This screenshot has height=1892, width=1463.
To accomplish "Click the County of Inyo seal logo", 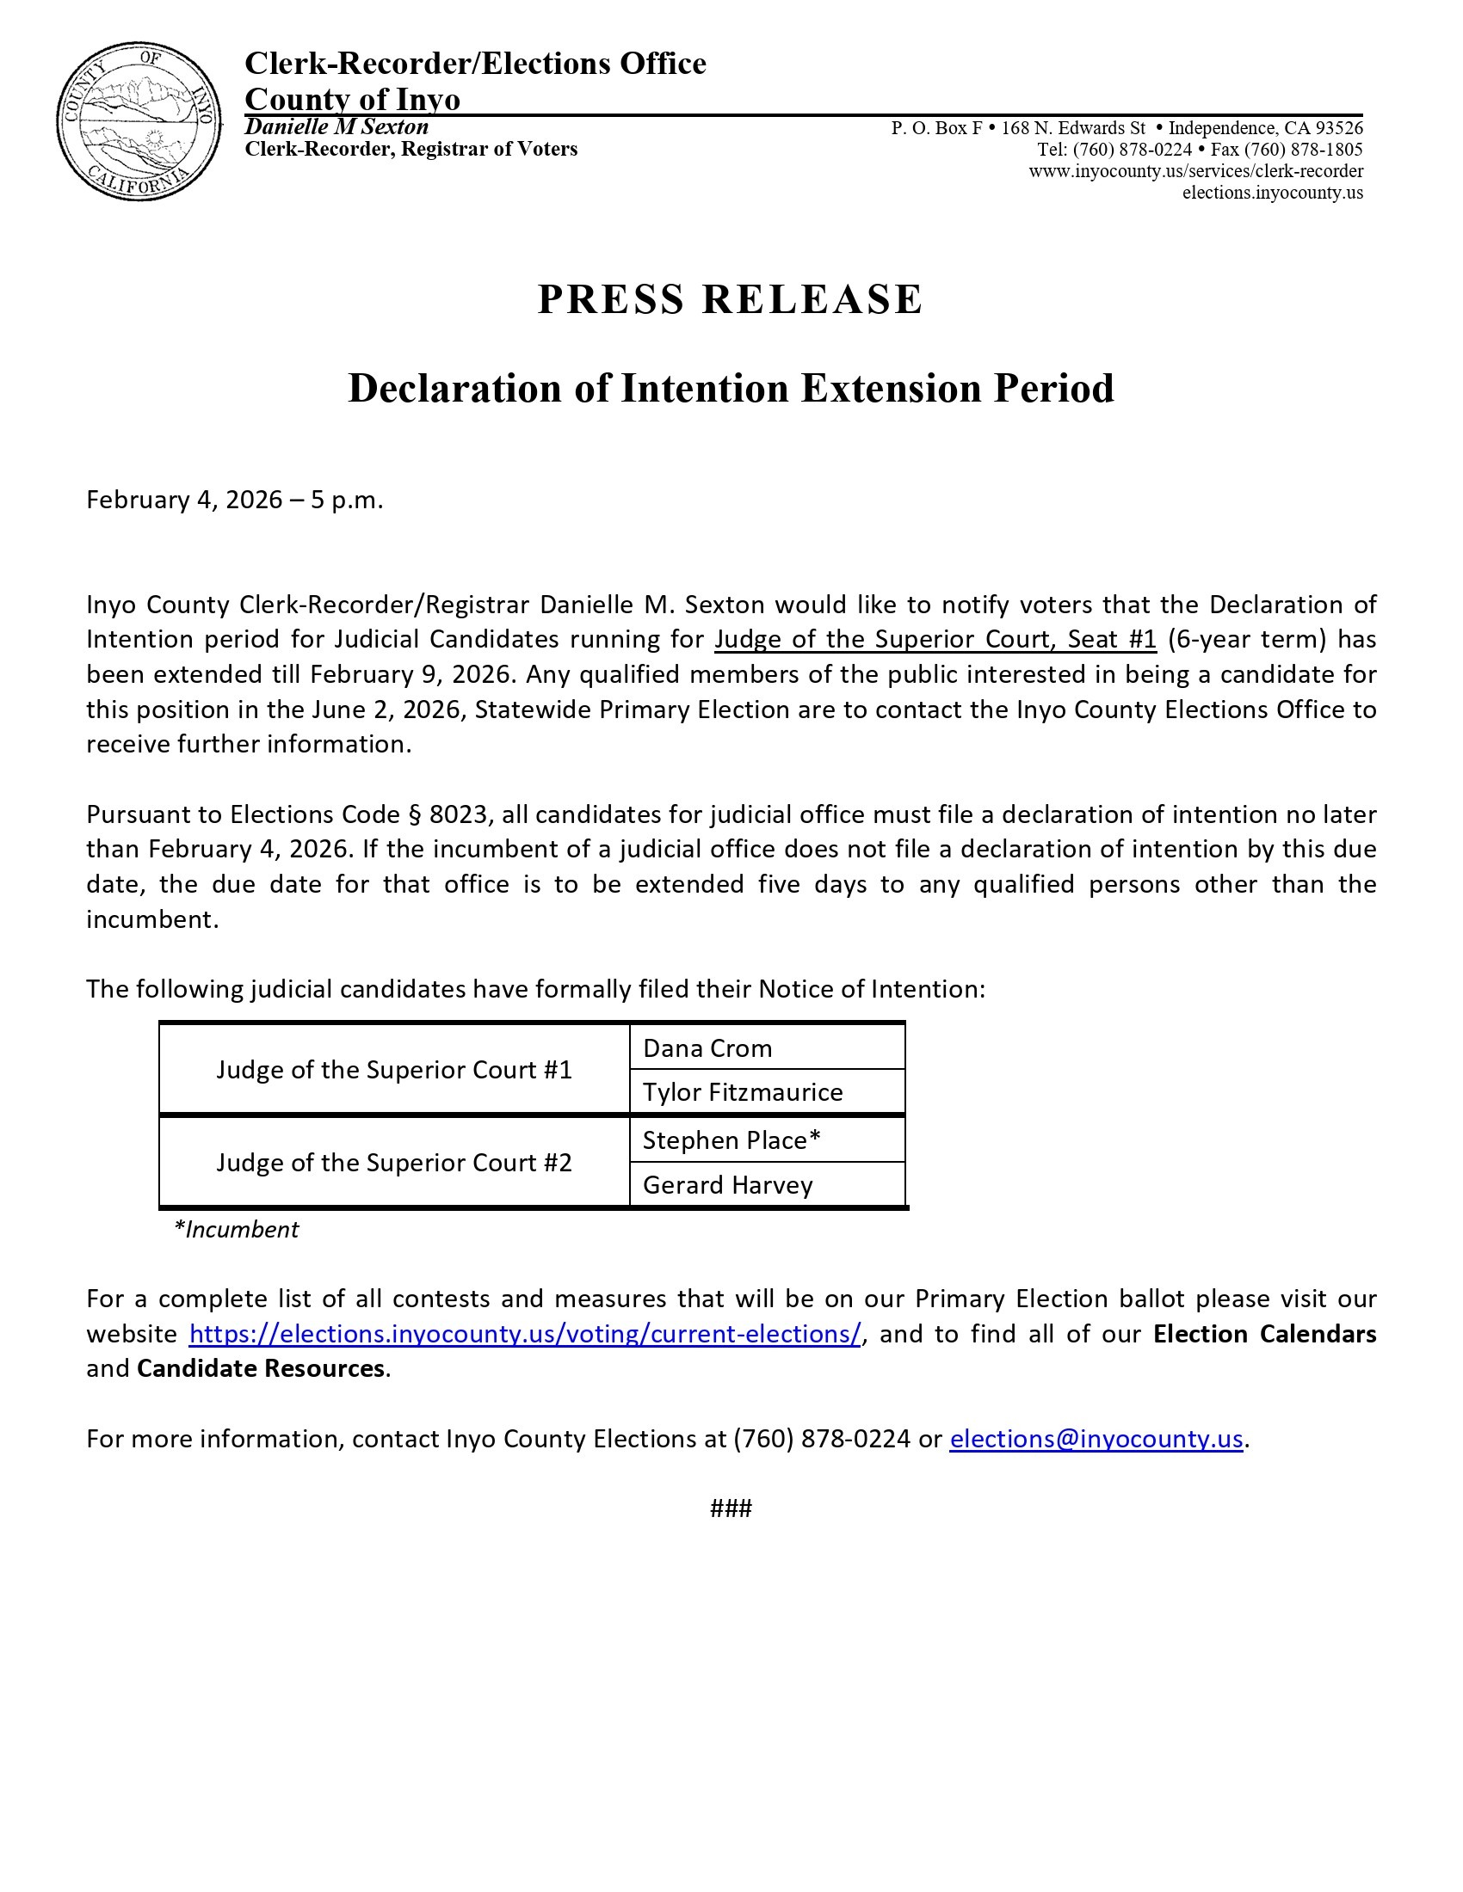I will pyautogui.click(x=139, y=121).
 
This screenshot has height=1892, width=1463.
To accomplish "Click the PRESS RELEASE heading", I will pyautogui.click(x=731, y=300).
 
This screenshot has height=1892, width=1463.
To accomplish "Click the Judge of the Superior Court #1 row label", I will pyautogui.click(x=394, y=1070).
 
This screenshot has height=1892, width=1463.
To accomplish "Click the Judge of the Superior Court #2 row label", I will pyautogui.click(x=394, y=1162).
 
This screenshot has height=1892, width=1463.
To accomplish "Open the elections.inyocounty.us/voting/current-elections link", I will pyautogui.click(x=525, y=1333).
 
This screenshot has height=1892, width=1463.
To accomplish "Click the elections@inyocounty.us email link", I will pyautogui.click(x=1096, y=1438).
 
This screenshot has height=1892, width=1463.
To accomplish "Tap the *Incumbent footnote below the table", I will pyautogui.click(x=236, y=1229).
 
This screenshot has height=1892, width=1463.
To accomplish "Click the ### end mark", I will pyautogui.click(x=731, y=1508).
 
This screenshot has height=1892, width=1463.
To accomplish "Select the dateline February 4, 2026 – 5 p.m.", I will pyautogui.click(x=234, y=500).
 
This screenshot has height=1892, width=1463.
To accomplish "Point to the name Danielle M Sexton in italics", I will pyautogui.click(x=336, y=126).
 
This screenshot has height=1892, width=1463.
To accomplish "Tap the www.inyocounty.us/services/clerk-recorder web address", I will pyautogui.click(x=1196, y=170).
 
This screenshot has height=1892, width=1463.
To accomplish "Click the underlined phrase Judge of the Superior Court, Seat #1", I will pyautogui.click(x=935, y=639).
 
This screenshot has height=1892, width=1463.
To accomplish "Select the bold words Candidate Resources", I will pyautogui.click(x=261, y=1368).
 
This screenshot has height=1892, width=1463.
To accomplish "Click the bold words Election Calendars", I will pyautogui.click(x=1264, y=1333).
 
